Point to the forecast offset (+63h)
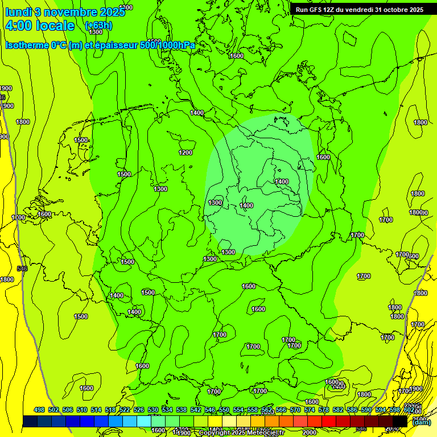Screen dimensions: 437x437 pos(98,26)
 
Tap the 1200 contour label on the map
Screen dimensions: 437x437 pos(185,152)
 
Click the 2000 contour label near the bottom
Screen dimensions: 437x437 pos(310,432)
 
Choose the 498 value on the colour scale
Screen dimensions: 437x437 pos(39,410)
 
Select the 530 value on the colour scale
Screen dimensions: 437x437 pos(153,410)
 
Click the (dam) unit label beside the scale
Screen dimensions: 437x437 pos(422,422)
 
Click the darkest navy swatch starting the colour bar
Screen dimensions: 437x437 pos(30,421)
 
